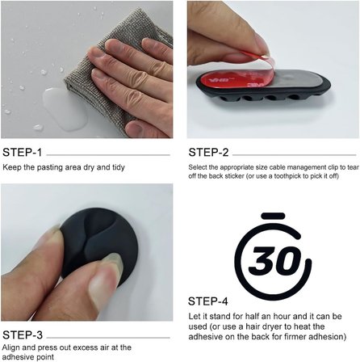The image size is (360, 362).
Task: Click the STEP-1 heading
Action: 22,153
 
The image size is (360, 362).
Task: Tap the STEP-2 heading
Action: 208,153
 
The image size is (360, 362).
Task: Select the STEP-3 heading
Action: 23,335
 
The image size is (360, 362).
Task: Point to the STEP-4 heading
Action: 208,301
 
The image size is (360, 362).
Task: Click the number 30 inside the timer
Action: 275,260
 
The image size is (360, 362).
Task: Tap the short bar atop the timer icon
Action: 273,216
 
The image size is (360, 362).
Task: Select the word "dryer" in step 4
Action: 274,327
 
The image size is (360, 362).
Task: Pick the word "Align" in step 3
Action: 11,347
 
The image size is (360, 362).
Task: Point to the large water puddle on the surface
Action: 65,108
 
